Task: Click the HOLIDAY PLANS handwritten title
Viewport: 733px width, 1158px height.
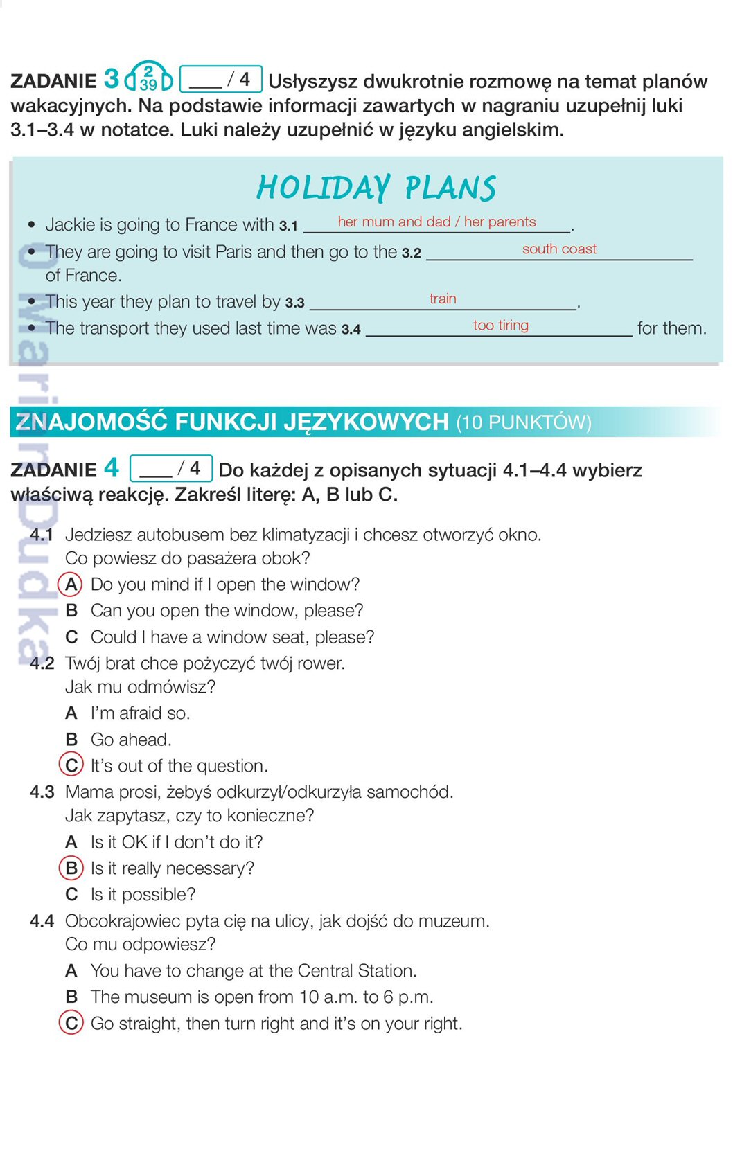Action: (376, 188)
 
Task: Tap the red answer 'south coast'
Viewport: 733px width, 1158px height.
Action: (559, 249)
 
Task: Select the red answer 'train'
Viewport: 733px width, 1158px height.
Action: (443, 299)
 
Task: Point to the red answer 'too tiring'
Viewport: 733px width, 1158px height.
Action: (500, 326)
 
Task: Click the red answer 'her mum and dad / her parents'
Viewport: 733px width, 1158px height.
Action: (436, 222)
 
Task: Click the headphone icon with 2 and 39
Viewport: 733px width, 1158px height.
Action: (148, 78)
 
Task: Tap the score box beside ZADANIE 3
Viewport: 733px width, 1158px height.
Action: (220, 80)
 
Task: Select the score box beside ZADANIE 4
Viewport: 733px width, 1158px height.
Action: (170, 469)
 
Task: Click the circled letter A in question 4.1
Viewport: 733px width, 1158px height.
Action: (71, 585)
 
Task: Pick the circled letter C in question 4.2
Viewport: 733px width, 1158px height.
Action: (71, 765)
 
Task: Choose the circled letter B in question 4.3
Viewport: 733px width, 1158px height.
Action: (71, 868)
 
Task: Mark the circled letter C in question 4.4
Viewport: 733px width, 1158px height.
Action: (71, 1023)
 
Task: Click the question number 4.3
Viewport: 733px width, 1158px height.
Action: (42, 792)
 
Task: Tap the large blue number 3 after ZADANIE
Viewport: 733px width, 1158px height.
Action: (112, 79)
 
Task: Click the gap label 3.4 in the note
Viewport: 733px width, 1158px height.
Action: (351, 330)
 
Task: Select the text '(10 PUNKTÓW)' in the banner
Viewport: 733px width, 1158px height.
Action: (524, 422)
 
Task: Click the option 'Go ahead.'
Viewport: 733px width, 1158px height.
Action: (131, 740)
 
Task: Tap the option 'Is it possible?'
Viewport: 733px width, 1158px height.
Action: (143, 895)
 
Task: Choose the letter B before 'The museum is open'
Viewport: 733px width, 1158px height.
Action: (71, 997)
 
